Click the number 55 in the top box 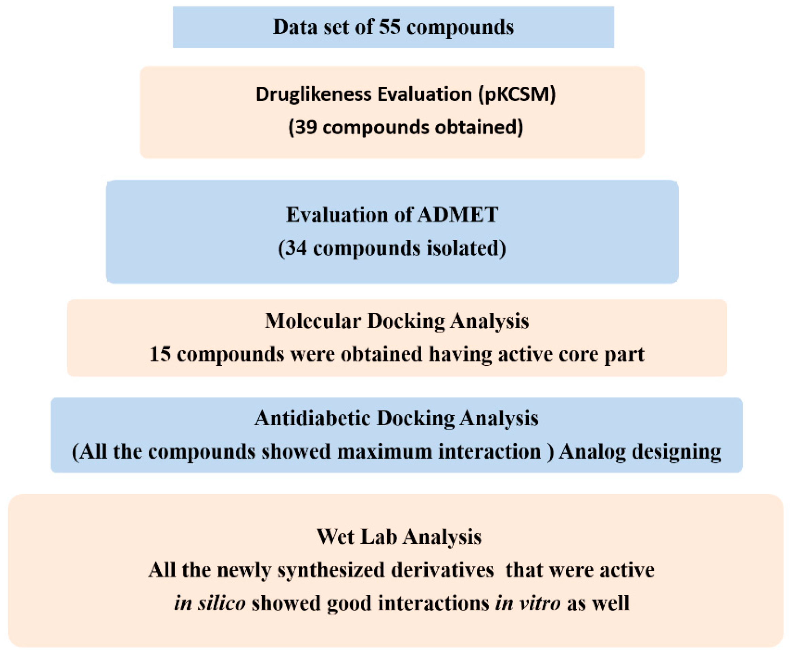(390, 27)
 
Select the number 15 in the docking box (160, 354)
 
